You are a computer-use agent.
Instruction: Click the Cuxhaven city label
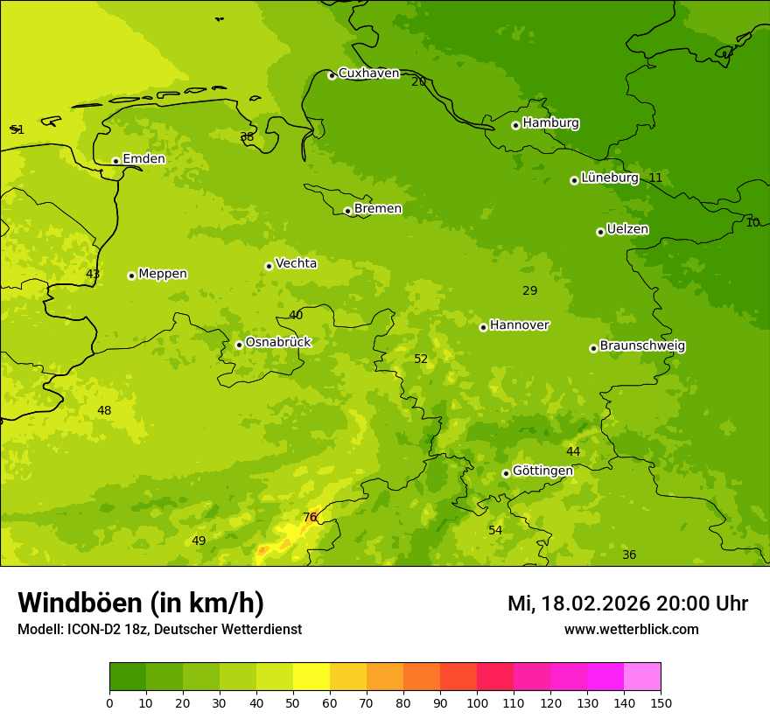(368, 73)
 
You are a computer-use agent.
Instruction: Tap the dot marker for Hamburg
(515, 125)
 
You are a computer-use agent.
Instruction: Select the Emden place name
(143, 158)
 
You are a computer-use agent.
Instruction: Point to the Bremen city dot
(347, 211)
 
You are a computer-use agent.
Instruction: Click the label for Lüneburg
(610, 178)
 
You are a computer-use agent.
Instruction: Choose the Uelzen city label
(627, 229)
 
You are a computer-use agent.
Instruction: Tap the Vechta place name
(296, 263)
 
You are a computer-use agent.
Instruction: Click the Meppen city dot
(131, 276)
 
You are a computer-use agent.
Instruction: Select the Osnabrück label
(278, 342)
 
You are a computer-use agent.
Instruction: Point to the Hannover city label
(519, 325)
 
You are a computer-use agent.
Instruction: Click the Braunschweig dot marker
(593, 348)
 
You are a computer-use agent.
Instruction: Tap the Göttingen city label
(542, 471)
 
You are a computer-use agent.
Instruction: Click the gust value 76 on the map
(310, 517)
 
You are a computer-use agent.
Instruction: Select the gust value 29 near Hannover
(529, 290)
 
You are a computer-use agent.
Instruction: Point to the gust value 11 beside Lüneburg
(655, 178)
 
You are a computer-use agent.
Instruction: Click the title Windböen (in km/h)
(140, 603)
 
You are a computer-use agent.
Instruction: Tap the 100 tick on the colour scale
(477, 702)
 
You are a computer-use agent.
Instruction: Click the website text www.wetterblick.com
(631, 629)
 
